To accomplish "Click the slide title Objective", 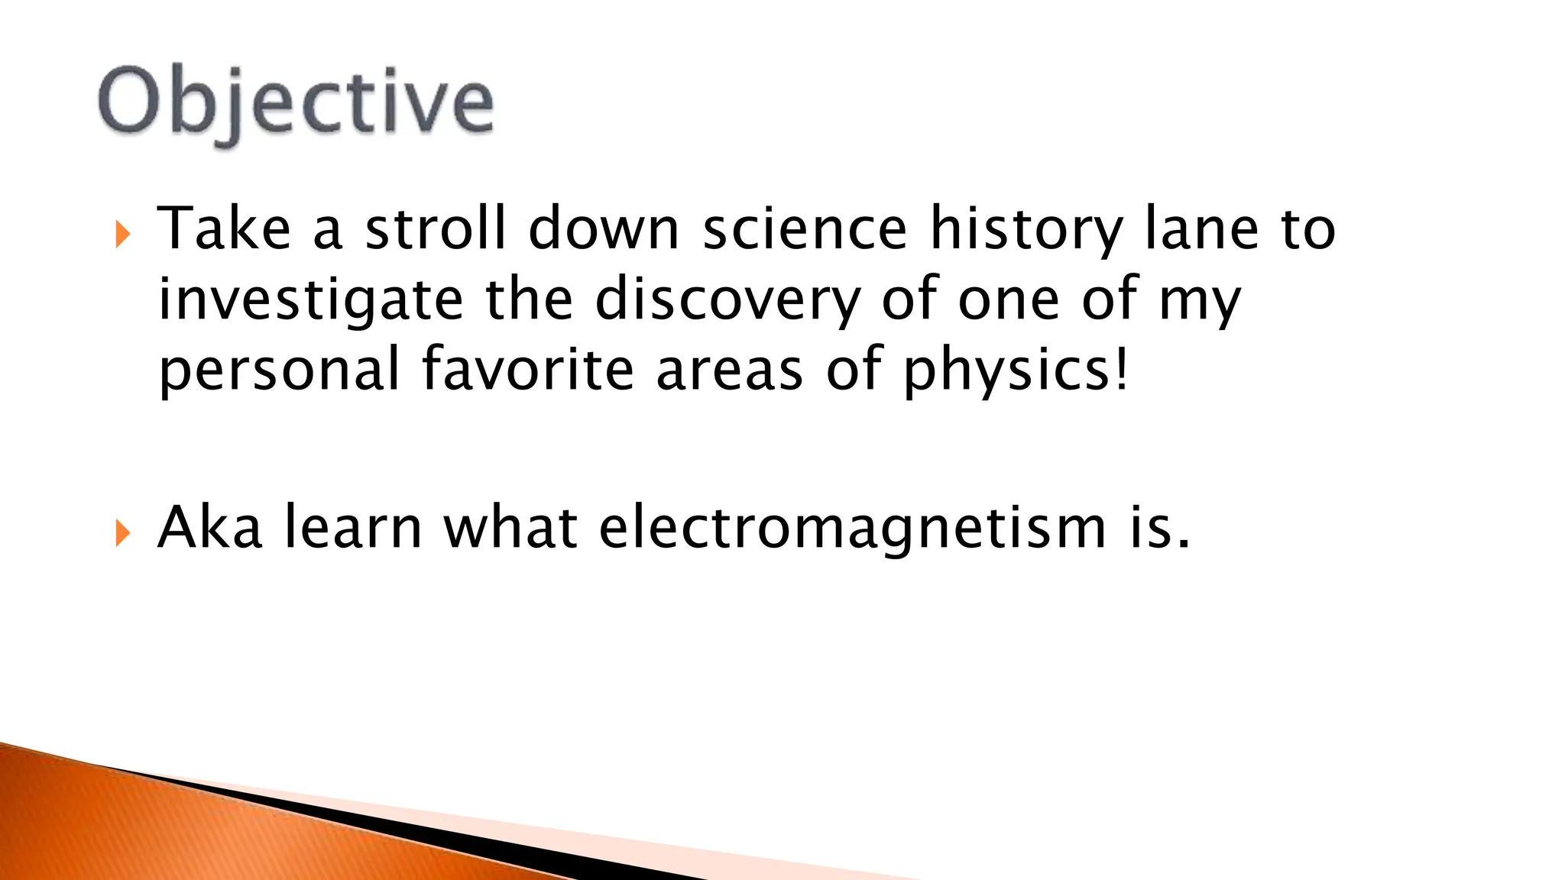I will [x=296, y=103].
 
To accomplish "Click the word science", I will [x=805, y=228].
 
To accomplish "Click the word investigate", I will [x=310, y=300].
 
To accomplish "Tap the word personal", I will [x=279, y=370].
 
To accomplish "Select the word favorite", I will [x=528, y=369].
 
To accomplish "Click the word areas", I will [x=730, y=370].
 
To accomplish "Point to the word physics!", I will [x=1015, y=370].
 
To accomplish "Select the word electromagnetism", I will [x=852, y=529].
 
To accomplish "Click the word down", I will [x=604, y=228].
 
